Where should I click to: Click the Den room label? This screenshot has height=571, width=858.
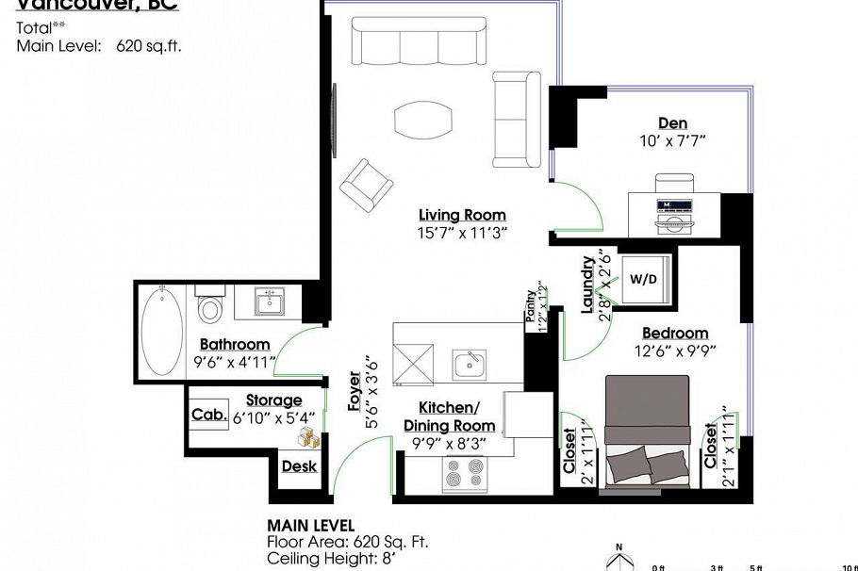tap(672, 123)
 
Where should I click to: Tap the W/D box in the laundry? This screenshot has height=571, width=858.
tap(643, 279)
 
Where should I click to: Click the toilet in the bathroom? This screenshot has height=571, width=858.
tap(210, 308)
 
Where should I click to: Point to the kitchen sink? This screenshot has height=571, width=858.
tap(469, 364)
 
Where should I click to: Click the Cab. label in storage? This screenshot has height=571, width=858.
tap(208, 415)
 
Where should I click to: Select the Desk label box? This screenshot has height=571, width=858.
tap(299, 466)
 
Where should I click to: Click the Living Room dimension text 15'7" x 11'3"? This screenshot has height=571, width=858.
tap(463, 234)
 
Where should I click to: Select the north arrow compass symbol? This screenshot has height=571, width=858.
tap(619, 558)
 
